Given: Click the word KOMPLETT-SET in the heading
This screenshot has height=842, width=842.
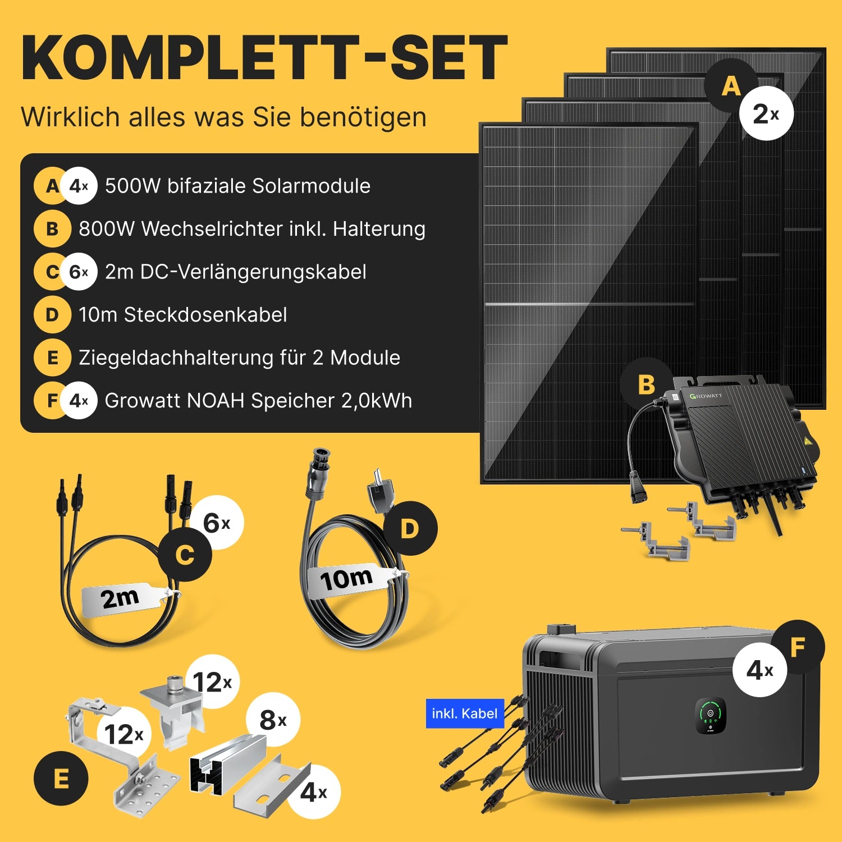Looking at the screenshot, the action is [264, 58].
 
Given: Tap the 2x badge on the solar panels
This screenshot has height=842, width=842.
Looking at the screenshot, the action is [766, 113].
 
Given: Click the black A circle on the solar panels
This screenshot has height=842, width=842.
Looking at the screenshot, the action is [731, 85].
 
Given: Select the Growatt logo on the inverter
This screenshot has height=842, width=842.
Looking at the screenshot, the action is [706, 396].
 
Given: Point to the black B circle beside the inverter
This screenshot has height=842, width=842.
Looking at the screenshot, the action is [647, 385].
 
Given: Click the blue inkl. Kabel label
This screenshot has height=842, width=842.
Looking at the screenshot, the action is [465, 713].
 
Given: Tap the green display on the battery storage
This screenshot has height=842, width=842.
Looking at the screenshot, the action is [711, 715].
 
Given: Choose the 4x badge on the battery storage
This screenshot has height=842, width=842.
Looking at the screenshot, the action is [759, 670].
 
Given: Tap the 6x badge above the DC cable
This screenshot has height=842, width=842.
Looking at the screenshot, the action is [216, 523].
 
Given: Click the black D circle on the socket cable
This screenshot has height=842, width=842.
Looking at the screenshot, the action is [410, 528].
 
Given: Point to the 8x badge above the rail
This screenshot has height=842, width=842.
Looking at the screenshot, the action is [273, 720].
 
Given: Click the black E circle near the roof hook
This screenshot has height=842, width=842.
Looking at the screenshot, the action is [61, 779].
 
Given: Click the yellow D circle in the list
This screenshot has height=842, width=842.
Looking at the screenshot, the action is [52, 315].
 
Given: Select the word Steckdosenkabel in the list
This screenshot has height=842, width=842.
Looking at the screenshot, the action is [205, 315].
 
